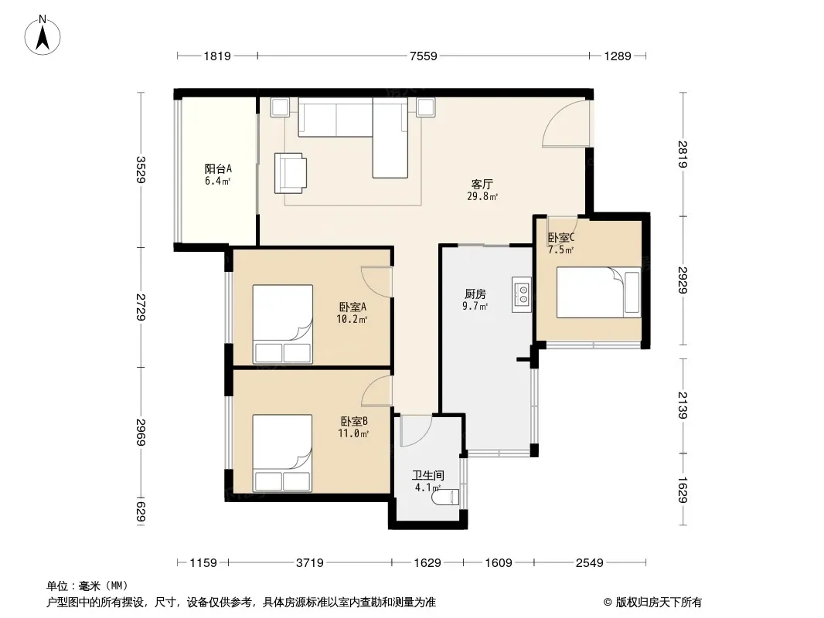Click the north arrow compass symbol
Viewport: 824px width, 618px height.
[43, 36]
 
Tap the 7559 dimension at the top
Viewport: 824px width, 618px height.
[423, 56]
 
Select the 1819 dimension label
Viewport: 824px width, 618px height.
[217, 56]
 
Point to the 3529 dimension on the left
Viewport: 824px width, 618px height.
[141, 170]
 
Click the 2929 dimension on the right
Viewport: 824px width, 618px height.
[683, 280]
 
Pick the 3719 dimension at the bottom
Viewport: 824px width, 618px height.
[309, 563]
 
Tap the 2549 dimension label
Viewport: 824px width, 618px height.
[590, 563]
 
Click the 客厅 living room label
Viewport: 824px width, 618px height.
[482, 185]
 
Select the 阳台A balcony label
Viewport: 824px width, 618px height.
[218, 168]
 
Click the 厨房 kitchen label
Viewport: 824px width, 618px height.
[475, 294]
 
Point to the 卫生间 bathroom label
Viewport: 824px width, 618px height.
[427, 476]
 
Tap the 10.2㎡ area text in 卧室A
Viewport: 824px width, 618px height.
[352, 319]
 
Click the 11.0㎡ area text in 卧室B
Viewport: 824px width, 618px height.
[353, 433]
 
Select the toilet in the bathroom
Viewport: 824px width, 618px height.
[445, 497]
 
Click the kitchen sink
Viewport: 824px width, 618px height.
[523, 294]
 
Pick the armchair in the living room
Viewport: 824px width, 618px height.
[291, 173]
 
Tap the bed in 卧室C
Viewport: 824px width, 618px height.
[598, 292]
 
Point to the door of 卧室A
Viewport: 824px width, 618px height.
[376, 284]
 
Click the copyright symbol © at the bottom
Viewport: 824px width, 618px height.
[608, 603]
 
